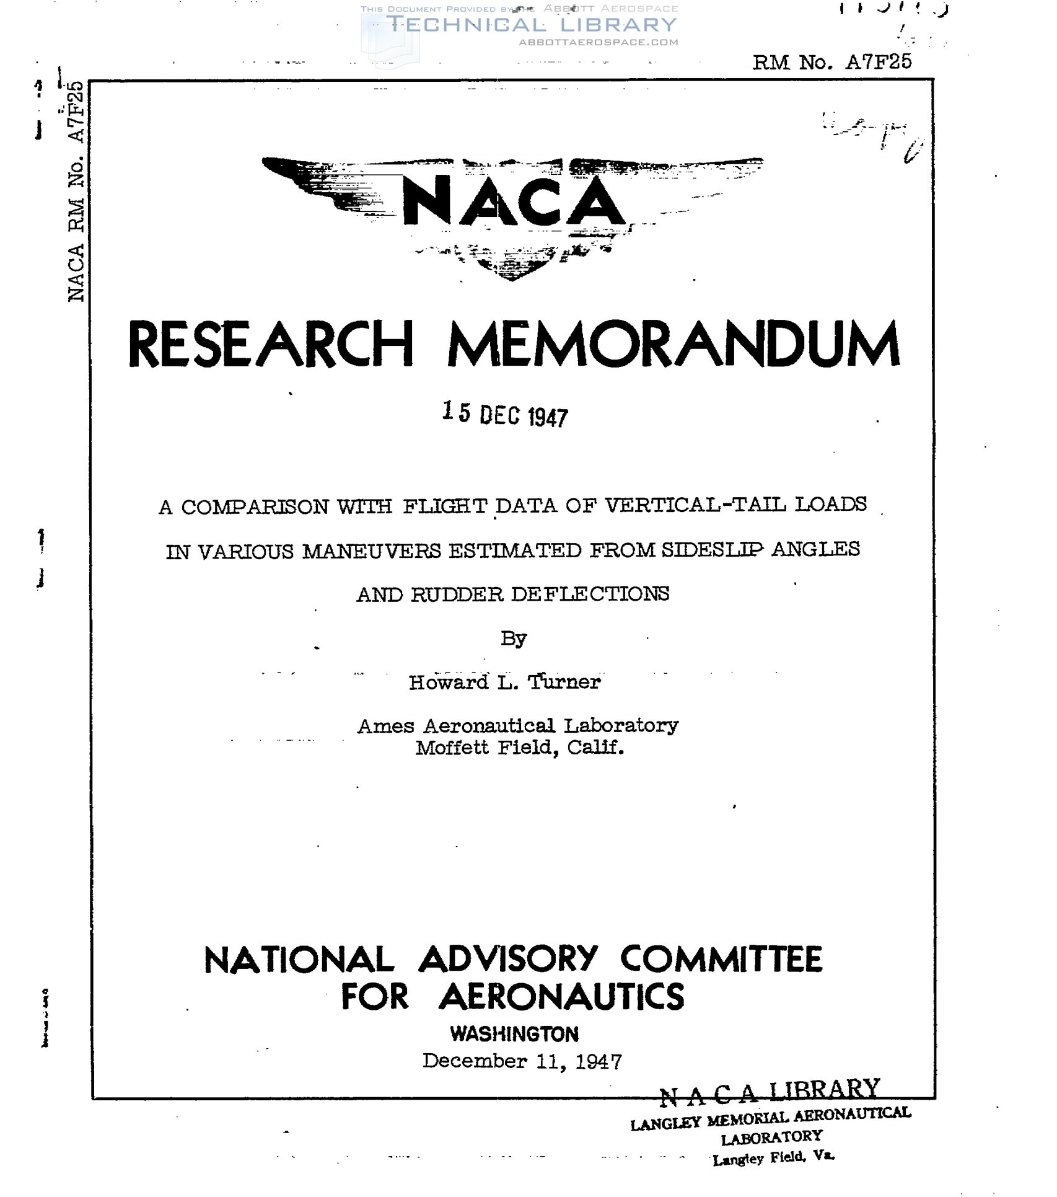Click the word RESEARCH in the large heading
[x=271, y=345]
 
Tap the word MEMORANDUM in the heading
[x=673, y=345]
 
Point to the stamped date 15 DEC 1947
[x=505, y=414]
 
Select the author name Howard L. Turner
[x=504, y=682]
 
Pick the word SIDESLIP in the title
[x=712, y=550]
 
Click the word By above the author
[x=514, y=638]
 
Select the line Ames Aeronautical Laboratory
[x=517, y=725]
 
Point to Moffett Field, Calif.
[x=519, y=748]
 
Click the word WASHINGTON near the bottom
[x=514, y=1034]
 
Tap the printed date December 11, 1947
[x=522, y=1061]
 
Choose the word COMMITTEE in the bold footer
[x=721, y=960]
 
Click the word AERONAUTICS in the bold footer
[x=561, y=997]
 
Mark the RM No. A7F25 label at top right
[x=831, y=62]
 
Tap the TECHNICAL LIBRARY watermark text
[x=532, y=25]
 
